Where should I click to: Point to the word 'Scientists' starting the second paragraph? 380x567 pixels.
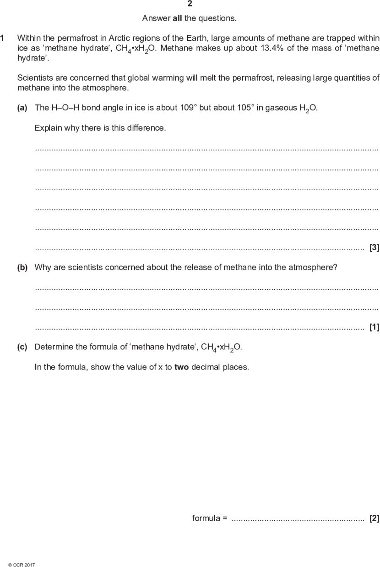pyautogui.click(x=33, y=78)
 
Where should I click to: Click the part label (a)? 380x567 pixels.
pyautogui.click(x=22, y=108)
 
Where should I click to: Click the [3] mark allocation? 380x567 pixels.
pyautogui.click(x=374, y=248)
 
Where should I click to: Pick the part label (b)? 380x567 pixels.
pyautogui.click(x=22, y=267)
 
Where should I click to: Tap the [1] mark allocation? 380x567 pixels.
pyautogui.click(x=374, y=327)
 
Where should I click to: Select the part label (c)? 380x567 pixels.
pyautogui.click(x=22, y=347)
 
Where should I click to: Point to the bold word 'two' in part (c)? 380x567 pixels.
pyautogui.click(x=181, y=367)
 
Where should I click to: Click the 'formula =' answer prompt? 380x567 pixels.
pyautogui.click(x=210, y=518)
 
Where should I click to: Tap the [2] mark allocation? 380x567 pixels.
pyautogui.click(x=374, y=518)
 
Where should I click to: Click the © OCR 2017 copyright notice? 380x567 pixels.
pyautogui.click(x=22, y=565)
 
